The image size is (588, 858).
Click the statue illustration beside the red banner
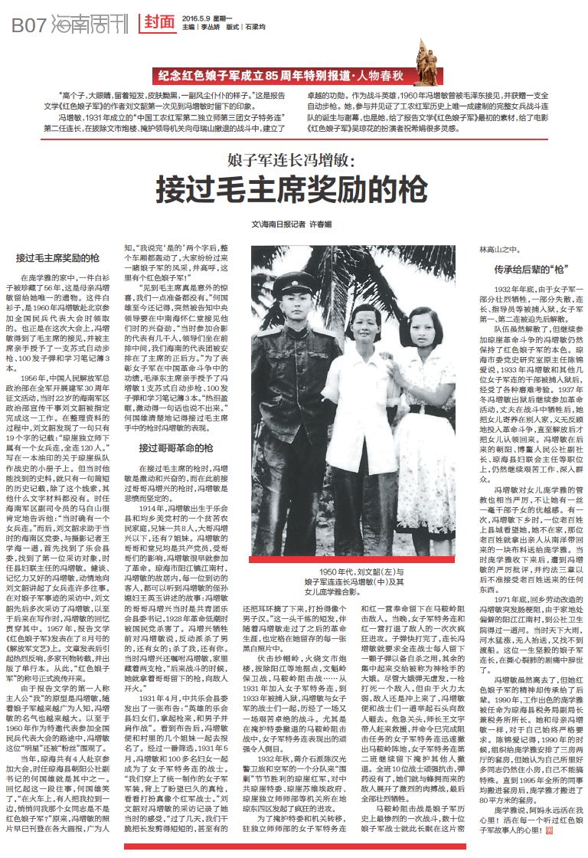tap(426, 57)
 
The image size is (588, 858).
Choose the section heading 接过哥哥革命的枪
tap(175, 447)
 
